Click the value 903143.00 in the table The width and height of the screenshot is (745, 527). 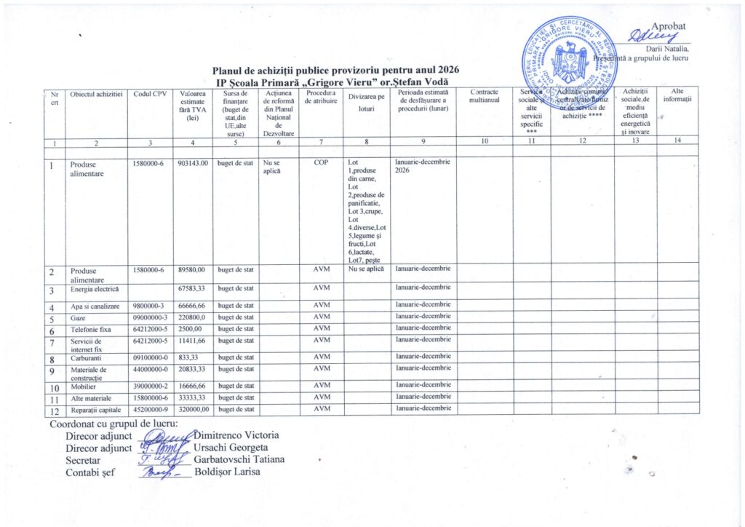tap(193, 164)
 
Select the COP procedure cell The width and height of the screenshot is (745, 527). tap(321, 164)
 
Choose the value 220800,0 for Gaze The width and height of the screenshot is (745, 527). tap(192, 318)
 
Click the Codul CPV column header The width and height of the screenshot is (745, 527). tap(151, 95)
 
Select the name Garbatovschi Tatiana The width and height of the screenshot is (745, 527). tap(239, 459)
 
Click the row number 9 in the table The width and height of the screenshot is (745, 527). tap(54, 371)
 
